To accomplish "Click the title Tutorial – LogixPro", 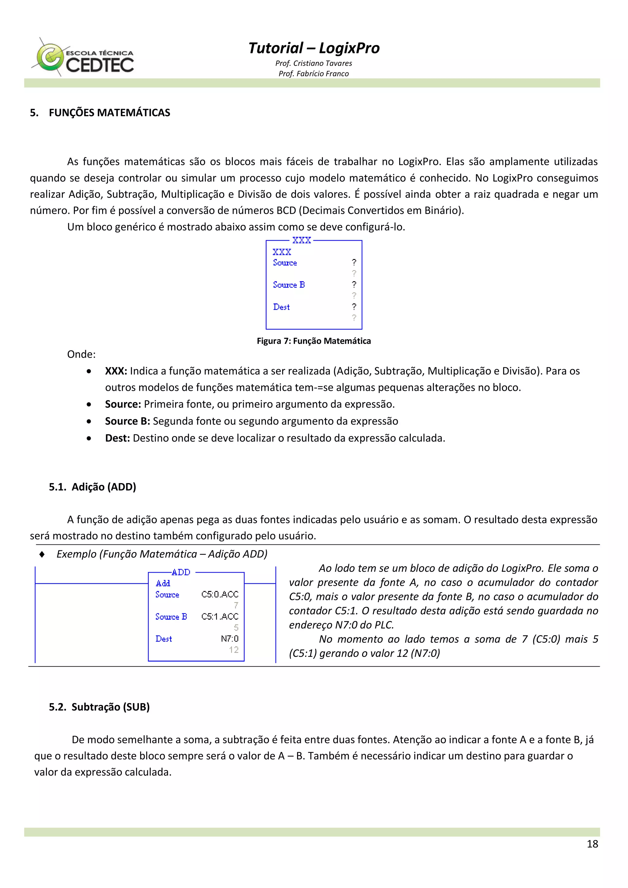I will [313, 48].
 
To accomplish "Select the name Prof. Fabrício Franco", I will [313, 74].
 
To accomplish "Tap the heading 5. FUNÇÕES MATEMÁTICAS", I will [100, 112].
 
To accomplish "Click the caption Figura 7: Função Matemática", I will [313, 341].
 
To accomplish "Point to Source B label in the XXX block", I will [289, 285].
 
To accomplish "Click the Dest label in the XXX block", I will [281, 307].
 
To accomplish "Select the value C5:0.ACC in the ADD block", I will [219, 594].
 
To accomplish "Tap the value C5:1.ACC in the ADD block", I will [219, 616].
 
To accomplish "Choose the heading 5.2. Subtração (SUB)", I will [99, 707].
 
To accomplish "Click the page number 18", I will [592, 844].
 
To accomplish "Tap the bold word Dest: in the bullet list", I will [117, 438].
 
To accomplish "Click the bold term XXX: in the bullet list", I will [116, 371].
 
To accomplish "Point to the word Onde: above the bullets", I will [81, 354].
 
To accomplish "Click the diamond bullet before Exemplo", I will [42, 554].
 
